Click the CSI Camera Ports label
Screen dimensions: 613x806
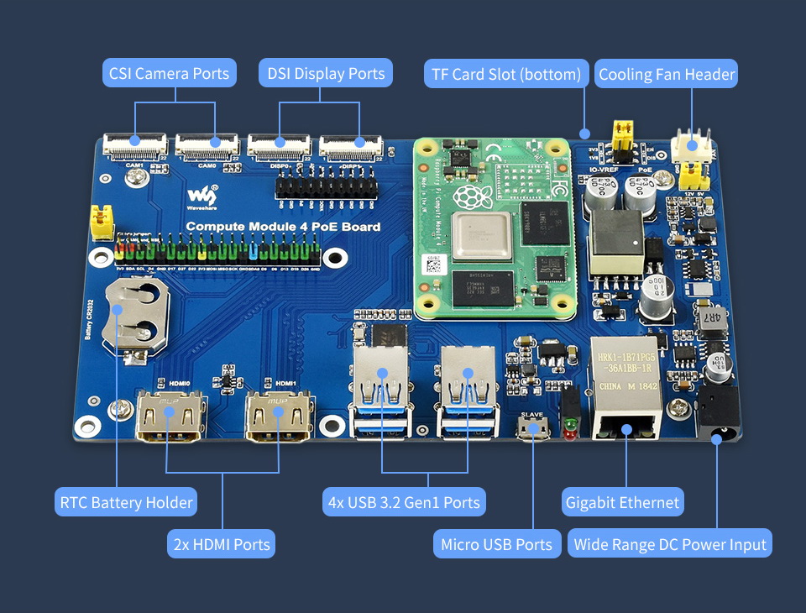coord(169,74)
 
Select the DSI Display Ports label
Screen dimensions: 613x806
coord(326,74)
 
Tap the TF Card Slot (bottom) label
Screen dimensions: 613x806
coord(505,75)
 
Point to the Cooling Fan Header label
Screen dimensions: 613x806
coord(667,75)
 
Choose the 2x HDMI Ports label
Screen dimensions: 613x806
coord(222,544)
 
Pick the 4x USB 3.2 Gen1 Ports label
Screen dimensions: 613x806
coord(405,503)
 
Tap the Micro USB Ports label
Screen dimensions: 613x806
coord(497,544)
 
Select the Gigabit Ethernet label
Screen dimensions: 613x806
coord(622,503)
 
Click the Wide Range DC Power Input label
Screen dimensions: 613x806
coord(670,544)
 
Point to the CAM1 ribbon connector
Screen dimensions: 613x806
coord(134,147)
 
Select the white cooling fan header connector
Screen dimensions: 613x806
coord(692,146)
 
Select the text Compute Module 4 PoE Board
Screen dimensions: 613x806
coord(283,227)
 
